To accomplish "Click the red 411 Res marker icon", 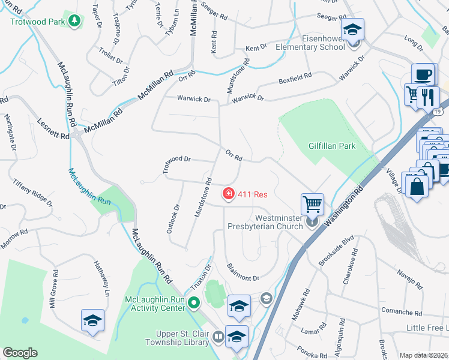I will point(229,194).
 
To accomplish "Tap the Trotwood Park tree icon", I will point(74,22).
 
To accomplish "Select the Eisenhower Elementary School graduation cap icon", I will point(352,30).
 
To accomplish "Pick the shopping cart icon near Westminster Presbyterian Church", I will point(312,204).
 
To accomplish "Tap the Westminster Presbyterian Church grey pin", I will point(312,222).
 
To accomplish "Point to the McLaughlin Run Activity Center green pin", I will point(193,303).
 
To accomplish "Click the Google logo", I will point(20,352).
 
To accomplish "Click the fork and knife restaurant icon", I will point(428,97).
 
